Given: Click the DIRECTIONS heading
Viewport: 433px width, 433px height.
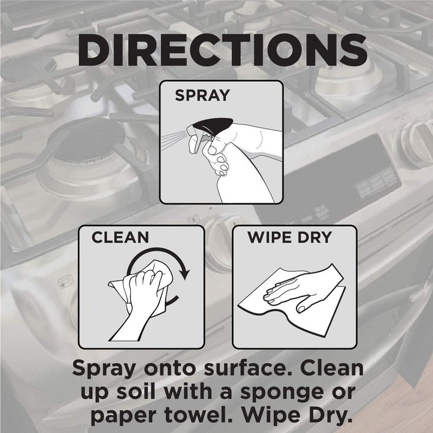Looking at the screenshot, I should [x=216, y=50].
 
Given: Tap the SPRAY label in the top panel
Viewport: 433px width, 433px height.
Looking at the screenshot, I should [x=202, y=96].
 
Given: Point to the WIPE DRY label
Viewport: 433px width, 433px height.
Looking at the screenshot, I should [x=289, y=238].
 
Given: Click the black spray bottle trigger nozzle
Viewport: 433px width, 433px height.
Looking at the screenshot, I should [x=201, y=128].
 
